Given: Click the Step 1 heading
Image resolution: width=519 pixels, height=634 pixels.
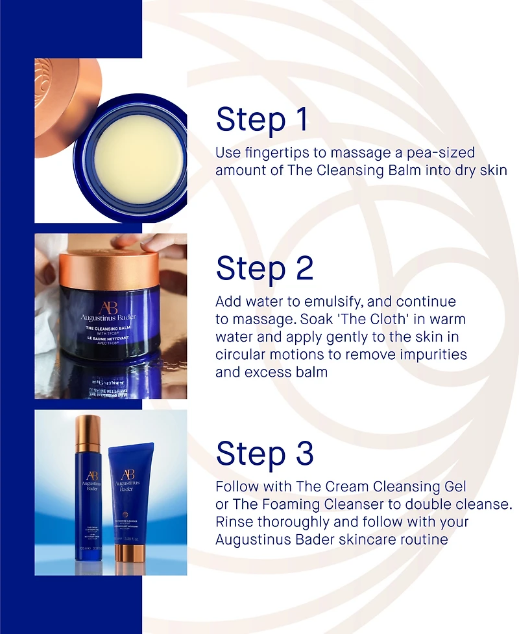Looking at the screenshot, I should [x=262, y=120].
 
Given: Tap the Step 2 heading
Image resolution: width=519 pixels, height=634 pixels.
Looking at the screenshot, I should [x=265, y=268].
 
